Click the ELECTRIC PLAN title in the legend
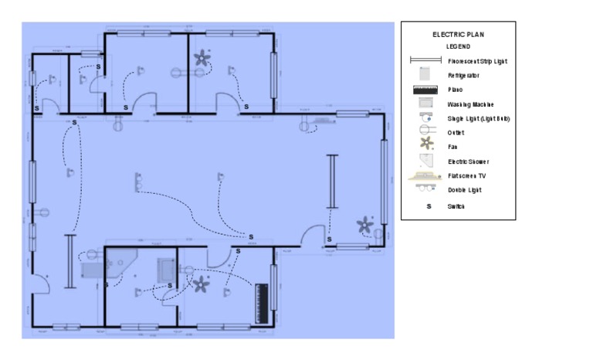click(458, 35)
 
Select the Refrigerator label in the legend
click(463, 76)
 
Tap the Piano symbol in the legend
click(423, 90)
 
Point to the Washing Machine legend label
click(470, 104)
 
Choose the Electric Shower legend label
click(468, 162)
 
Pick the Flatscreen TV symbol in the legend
click(423, 176)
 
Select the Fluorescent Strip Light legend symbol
click(425, 60)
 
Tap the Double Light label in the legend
click(464, 190)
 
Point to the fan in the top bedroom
click(204, 58)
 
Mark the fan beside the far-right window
click(364, 226)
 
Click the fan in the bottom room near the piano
click(201, 284)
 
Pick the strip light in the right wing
click(333, 181)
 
